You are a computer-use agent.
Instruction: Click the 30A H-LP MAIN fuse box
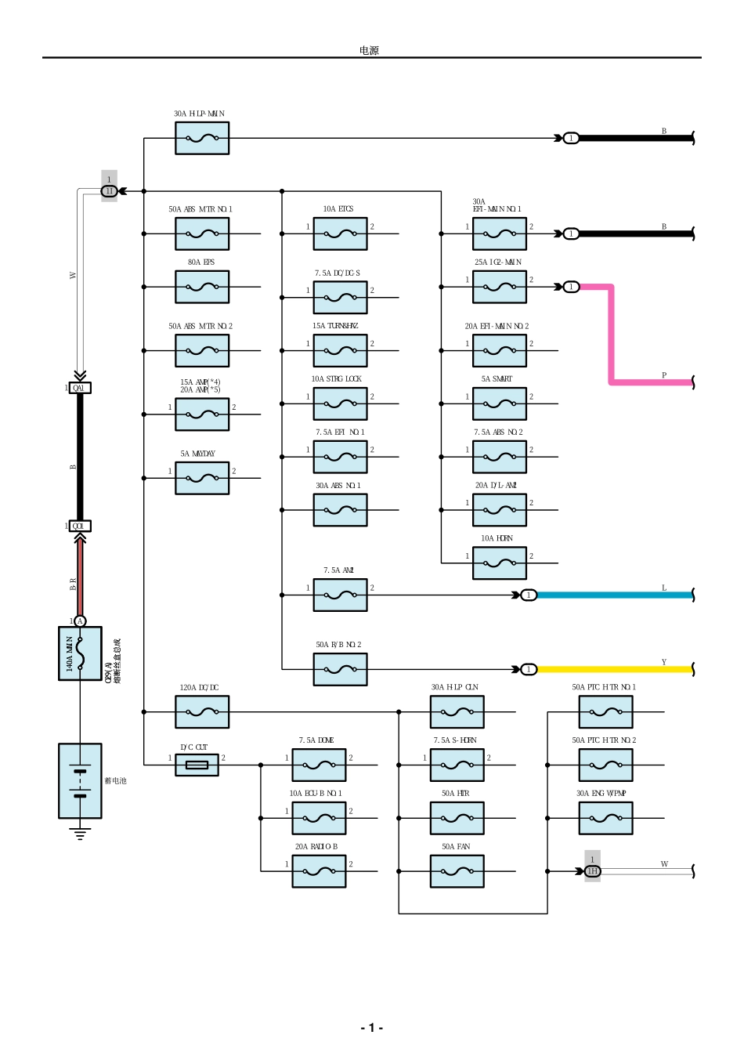click(202, 139)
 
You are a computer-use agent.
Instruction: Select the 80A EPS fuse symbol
click(202, 287)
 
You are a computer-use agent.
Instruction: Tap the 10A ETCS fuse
click(340, 233)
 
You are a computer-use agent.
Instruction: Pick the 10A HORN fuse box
click(500, 563)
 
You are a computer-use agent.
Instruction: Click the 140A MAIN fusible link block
click(80, 653)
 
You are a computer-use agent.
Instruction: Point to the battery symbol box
click(80, 780)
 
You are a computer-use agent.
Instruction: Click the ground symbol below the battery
click(80, 833)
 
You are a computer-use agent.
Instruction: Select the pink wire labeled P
click(612, 337)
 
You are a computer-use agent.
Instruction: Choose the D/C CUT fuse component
click(197, 765)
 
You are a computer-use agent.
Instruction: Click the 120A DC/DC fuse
click(202, 712)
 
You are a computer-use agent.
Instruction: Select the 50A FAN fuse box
click(457, 871)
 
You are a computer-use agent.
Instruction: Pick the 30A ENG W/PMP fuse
click(605, 818)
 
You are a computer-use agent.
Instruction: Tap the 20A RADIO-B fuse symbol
click(319, 871)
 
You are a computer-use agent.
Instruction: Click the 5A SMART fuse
click(500, 404)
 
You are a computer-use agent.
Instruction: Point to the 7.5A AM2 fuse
click(340, 595)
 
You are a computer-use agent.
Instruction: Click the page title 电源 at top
click(369, 50)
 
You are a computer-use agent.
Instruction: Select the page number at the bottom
click(371, 1027)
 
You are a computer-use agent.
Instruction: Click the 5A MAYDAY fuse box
click(202, 478)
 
